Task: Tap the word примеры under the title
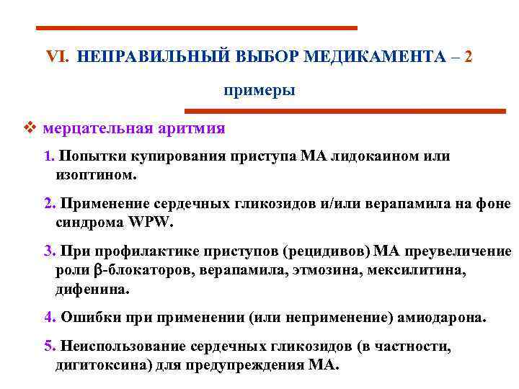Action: [259, 91]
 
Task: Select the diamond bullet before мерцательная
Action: [29, 128]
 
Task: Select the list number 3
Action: [49, 251]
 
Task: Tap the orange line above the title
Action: [196, 28]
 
